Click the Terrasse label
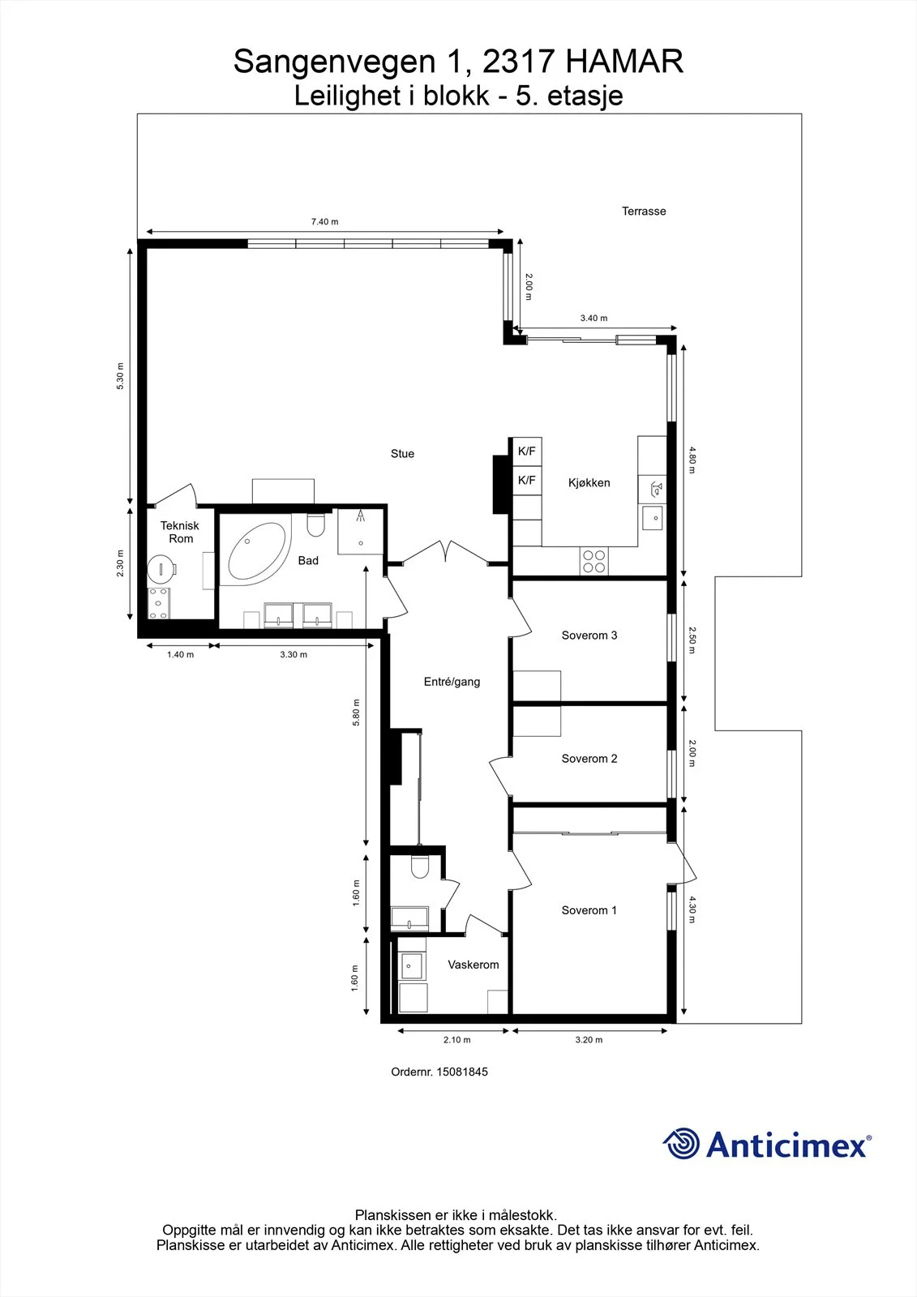point(644,212)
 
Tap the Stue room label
point(402,454)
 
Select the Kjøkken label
point(589,483)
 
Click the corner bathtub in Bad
point(257,551)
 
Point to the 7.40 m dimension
point(324,222)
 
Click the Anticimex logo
point(767,1144)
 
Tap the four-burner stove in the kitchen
point(594,561)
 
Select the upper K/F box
point(527,451)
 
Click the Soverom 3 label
point(589,636)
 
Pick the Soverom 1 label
point(589,910)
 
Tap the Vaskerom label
point(473,965)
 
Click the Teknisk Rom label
point(180,532)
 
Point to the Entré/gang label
point(452,682)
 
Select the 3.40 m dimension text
point(593,318)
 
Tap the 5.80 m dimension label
point(356,713)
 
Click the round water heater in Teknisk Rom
point(161,568)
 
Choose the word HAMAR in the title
point(624,62)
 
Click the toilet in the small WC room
point(419,867)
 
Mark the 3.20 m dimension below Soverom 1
point(589,1040)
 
